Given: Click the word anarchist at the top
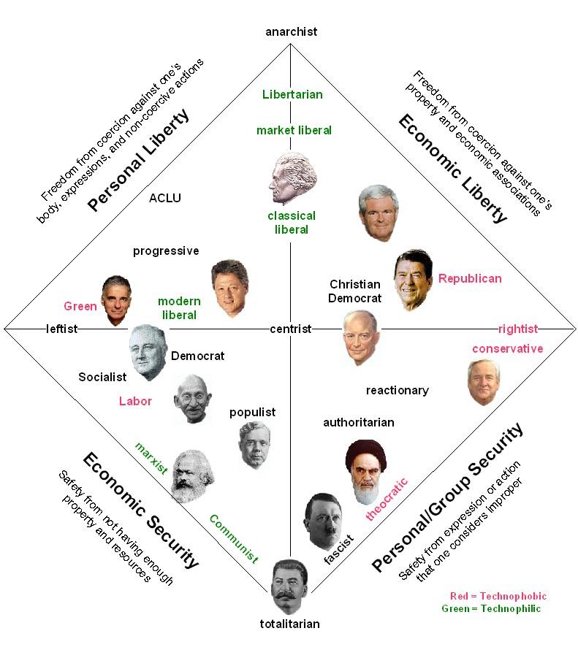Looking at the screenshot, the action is (x=292, y=32).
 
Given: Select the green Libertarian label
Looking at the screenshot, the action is (x=292, y=94).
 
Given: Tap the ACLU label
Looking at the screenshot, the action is (x=165, y=198).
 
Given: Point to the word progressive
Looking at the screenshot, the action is (x=166, y=251).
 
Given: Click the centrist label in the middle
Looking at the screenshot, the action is (x=291, y=329).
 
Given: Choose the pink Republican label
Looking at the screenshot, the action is (x=470, y=279).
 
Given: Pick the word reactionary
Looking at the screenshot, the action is (x=398, y=391).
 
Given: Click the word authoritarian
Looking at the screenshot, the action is (x=359, y=423).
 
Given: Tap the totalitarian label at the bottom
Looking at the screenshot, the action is (x=289, y=624).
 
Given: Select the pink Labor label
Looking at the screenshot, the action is (x=135, y=401).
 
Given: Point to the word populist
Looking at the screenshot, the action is (x=252, y=413).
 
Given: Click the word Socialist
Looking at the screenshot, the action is (x=102, y=378).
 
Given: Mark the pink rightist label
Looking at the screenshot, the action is (x=518, y=329).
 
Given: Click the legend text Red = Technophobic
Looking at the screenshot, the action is (x=498, y=596).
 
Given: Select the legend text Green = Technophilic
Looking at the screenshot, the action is (x=491, y=608).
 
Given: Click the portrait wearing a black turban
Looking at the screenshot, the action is (x=365, y=472).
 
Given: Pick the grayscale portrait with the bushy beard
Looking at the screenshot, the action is (x=193, y=476).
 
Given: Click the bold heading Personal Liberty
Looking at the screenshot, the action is (x=138, y=161).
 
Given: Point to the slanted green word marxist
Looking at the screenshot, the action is (x=151, y=458).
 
